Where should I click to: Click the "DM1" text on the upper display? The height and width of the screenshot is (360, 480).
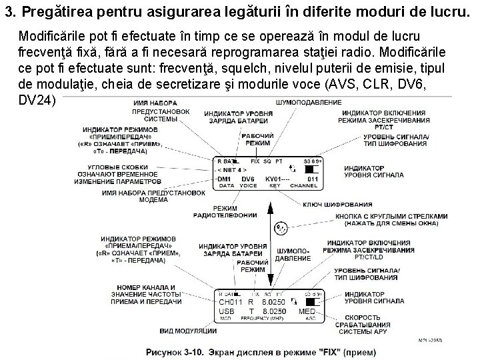[224, 179]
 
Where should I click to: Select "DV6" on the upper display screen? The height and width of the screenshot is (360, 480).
[248, 179]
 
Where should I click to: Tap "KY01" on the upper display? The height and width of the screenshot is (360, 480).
[275, 179]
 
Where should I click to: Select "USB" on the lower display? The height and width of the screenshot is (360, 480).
[227, 311]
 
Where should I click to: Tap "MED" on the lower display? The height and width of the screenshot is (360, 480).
[307, 311]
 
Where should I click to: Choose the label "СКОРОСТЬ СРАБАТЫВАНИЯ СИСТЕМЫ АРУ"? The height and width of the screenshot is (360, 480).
[375, 323]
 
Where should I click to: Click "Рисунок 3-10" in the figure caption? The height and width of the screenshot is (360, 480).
[175, 351]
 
